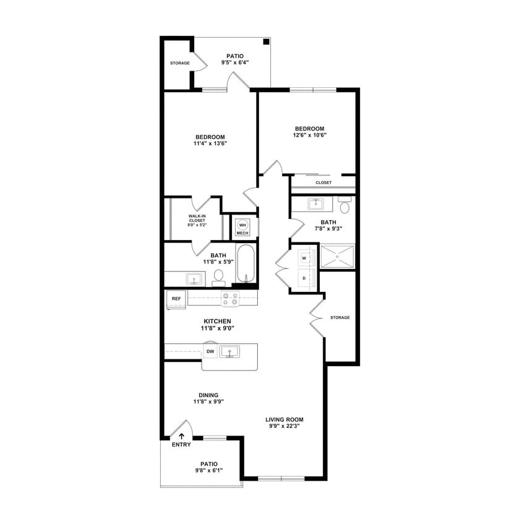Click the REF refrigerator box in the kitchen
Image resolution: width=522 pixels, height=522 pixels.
176,299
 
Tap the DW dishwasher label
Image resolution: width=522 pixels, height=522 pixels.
210,352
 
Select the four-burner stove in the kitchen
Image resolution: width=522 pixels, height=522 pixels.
231,299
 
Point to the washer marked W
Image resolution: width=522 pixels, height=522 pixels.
304,258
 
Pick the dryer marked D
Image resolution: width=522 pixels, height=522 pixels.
304,278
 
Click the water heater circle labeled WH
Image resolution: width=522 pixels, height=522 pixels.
242,225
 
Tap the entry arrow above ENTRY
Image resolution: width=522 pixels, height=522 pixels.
182,437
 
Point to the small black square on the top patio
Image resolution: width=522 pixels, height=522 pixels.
266,42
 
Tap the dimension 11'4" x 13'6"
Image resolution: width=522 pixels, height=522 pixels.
210,143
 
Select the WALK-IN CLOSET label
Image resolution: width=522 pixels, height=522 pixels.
197,218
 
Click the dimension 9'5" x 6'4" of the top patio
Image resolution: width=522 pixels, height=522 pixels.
234,62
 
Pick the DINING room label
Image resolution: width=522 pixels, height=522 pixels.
208,395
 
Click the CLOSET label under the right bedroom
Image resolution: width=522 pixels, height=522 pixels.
323,182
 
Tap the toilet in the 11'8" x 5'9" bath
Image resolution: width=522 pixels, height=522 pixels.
218,277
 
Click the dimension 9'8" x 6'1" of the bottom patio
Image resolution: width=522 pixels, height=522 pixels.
208,470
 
